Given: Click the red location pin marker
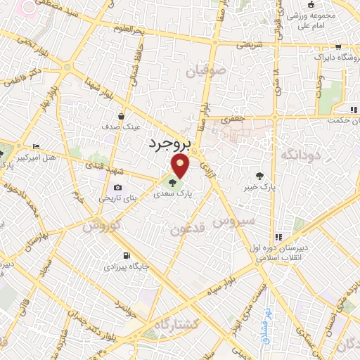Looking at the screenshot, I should pyautogui.click(x=181, y=166).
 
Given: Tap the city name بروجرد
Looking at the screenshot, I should pyautogui.click(x=169, y=144).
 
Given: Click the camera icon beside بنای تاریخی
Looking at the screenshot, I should pyautogui.click(x=117, y=188).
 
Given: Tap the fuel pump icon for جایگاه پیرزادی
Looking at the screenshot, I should pyautogui.click(x=126, y=256).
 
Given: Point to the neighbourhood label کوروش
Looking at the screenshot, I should pyautogui.click(x=102, y=225).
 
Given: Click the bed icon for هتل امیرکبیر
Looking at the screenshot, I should pyautogui.click(x=36, y=146).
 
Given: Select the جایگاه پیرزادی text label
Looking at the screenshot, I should pyautogui.click(x=124, y=267).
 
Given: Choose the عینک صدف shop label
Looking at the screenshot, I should pyautogui.click(x=125, y=127).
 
